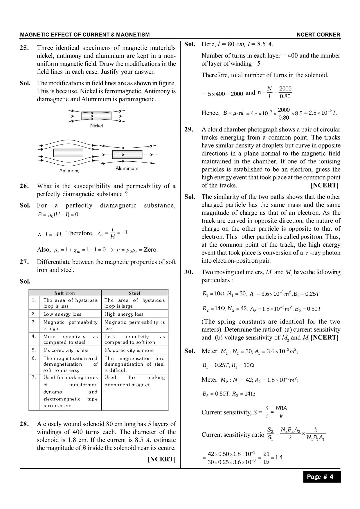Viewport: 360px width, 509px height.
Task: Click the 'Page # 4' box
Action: point(322,477)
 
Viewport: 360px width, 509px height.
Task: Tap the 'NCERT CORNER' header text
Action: point(318,35)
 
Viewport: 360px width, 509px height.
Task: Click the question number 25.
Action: point(24,48)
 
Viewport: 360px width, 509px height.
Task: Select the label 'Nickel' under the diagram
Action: point(96,126)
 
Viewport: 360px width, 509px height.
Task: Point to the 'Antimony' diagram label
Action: point(69,171)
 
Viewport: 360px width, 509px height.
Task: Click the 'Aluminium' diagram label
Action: point(127,168)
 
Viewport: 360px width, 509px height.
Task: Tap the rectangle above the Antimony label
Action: point(68,153)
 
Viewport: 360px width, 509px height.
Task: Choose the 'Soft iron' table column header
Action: point(65,293)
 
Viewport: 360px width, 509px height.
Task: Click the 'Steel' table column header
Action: point(134,293)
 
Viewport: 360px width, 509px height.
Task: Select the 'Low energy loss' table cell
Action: point(62,314)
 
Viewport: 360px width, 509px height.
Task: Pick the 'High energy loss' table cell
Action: point(124,314)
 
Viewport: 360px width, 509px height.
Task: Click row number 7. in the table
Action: point(34,377)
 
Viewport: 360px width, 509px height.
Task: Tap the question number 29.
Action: point(189,130)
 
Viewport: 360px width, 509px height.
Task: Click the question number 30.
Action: point(189,272)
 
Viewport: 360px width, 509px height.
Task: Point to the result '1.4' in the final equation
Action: point(279,458)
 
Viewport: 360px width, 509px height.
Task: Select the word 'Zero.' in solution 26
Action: point(151,250)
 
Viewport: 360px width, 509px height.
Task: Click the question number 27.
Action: point(24,262)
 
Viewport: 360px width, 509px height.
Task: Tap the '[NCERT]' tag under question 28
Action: point(162,459)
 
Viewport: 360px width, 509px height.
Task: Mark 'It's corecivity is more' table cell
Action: point(129,351)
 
